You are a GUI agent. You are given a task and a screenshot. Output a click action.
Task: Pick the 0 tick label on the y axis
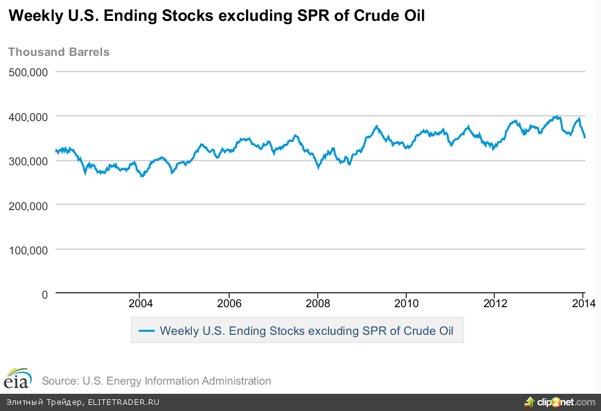[x=44, y=294]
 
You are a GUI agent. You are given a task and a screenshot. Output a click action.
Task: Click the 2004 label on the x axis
[x=140, y=303]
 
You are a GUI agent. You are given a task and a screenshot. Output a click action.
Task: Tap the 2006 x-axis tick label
[x=228, y=303]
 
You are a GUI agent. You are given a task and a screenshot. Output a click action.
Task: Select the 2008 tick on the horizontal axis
[x=317, y=303]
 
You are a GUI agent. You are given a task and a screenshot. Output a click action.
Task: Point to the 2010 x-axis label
[x=406, y=303]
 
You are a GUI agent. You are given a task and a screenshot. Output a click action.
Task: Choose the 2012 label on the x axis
[x=495, y=303]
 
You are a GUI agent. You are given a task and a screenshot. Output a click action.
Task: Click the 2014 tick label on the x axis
[x=583, y=303]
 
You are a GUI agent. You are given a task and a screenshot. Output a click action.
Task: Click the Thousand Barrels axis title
[x=58, y=52]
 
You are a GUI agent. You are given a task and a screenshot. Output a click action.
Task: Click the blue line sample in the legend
[x=146, y=331]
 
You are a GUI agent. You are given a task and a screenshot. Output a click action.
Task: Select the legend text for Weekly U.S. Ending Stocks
[x=306, y=331]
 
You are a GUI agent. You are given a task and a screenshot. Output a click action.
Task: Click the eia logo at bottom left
[x=17, y=379]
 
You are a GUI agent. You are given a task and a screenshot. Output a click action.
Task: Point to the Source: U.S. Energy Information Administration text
[x=156, y=381]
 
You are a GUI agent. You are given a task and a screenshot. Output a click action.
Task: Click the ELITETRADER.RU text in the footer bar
[x=123, y=402]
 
